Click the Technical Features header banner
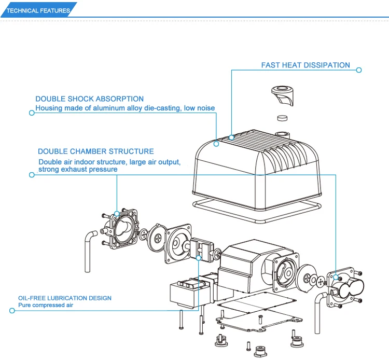coord(38,10)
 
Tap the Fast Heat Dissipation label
coord(305,65)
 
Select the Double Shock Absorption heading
coord(89,99)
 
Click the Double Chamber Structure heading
coord(96,151)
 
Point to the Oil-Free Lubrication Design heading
coord(65,298)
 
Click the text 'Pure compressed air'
coord(46,305)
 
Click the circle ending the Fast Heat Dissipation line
coord(359,70)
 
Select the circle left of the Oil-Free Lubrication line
coord(12,311)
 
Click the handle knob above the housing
coord(283,95)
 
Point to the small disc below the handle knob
coord(282,118)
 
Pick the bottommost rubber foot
coord(260,351)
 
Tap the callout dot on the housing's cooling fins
coord(231,137)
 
